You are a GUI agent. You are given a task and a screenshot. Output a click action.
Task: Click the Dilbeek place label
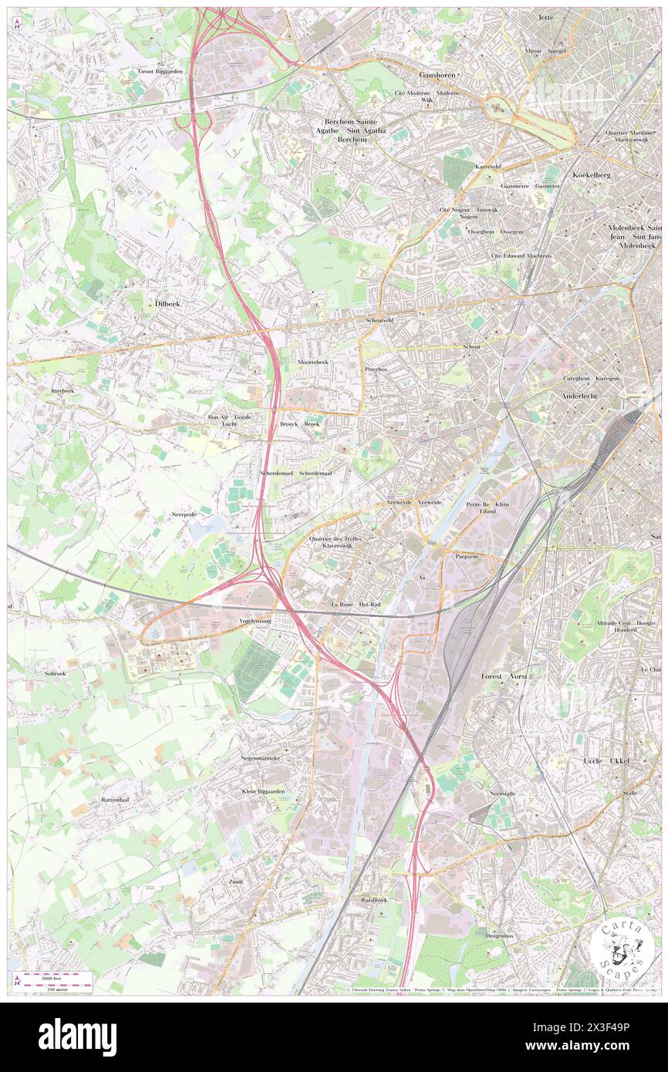tap(167, 305)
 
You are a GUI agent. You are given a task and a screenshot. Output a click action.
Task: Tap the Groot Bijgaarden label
tap(160, 71)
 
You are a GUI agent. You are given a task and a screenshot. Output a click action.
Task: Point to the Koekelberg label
tap(592, 175)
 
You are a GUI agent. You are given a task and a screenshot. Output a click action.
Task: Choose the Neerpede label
tap(184, 513)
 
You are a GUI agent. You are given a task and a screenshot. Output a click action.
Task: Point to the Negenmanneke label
tap(260, 758)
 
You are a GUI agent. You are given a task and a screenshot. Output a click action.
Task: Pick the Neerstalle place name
tap(501, 793)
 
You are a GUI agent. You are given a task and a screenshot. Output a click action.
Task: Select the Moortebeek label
tap(312, 362)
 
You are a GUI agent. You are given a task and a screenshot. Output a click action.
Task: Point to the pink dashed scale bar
tap(56, 977)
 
